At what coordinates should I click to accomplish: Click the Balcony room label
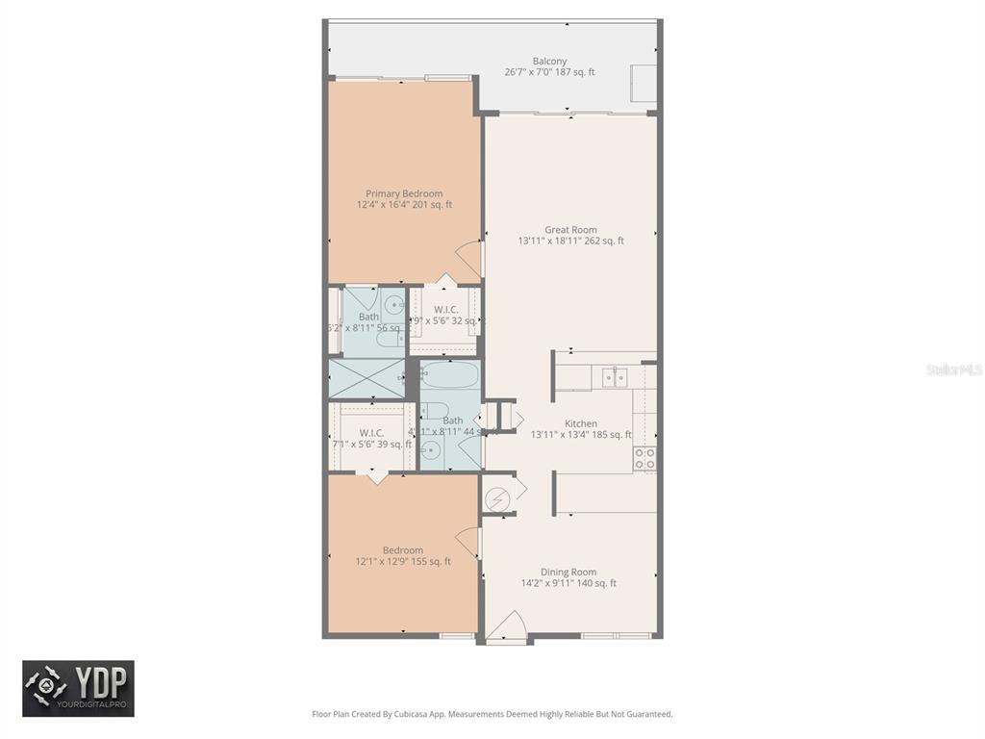pyautogui.click(x=549, y=62)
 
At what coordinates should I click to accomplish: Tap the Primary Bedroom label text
pyautogui.click(x=404, y=193)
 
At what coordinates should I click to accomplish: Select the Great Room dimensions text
pyautogui.click(x=570, y=242)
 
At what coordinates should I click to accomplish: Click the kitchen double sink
pyautogui.click(x=613, y=376)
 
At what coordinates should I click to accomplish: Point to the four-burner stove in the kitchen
pyautogui.click(x=644, y=458)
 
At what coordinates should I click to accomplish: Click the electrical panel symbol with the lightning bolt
pyautogui.click(x=497, y=500)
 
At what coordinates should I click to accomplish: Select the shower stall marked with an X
pyautogui.click(x=366, y=378)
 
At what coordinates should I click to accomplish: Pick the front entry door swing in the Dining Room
pyautogui.click(x=504, y=626)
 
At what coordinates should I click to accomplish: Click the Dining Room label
pyautogui.click(x=568, y=572)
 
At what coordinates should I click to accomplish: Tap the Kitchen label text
pyautogui.click(x=581, y=423)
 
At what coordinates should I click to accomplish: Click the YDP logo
pyautogui.click(x=79, y=688)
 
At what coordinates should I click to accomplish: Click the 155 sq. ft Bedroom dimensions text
pyautogui.click(x=403, y=562)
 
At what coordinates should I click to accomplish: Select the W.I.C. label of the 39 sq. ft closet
pyautogui.click(x=371, y=433)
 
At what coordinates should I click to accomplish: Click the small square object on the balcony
pyautogui.click(x=643, y=81)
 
